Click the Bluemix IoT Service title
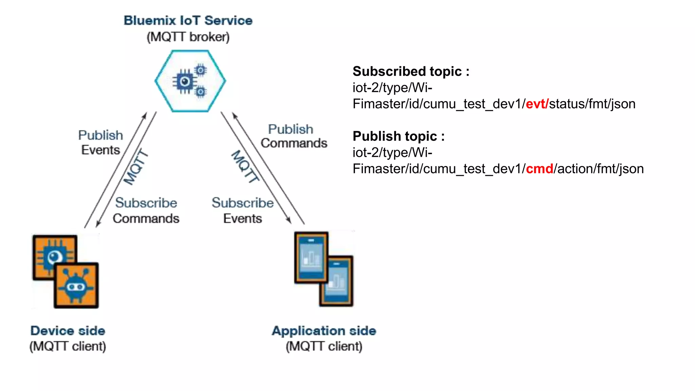[188, 21]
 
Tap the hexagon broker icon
[190, 81]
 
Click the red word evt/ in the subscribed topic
[537, 104]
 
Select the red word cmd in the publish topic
[539, 169]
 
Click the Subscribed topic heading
[411, 72]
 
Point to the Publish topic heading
[398, 136]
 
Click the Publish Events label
[100, 143]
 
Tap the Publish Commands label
[294, 136]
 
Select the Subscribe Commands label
[146, 210]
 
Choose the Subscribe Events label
[243, 210]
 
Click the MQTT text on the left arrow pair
[136, 167]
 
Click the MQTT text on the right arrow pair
[245, 166]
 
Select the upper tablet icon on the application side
[311, 257]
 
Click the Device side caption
[68, 331]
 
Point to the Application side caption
[324, 331]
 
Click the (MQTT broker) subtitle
[188, 37]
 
